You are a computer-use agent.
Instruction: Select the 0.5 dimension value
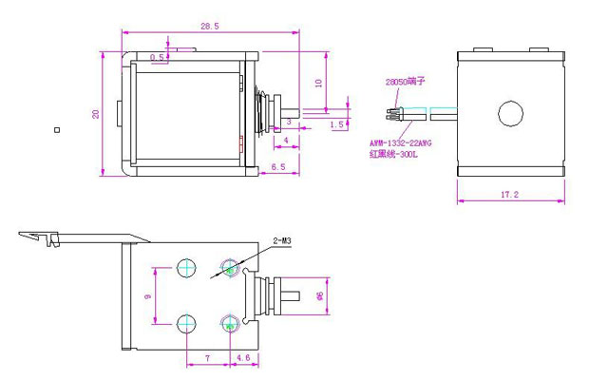pyautogui.click(x=159, y=58)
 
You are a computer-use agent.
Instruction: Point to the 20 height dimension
pyautogui.click(x=96, y=113)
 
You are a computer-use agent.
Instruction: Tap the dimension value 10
pyautogui.click(x=319, y=83)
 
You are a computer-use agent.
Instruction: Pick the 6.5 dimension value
pyautogui.click(x=278, y=167)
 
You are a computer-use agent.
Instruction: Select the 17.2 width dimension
pyautogui.click(x=510, y=194)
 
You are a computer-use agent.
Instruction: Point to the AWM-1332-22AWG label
pyautogui.click(x=401, y=143)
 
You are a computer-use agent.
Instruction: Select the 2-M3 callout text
pyautogui.click(x=281, y=241)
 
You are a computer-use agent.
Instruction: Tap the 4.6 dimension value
pyautogui.click(x=242, y=357)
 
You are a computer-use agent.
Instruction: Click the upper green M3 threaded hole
pyautogui.click(x=228, y=269)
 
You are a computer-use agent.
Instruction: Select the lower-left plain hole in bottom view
pyautogui.click(x=185, y=322)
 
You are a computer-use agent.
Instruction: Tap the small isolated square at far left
pyautogui.click(x=57, y=129)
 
